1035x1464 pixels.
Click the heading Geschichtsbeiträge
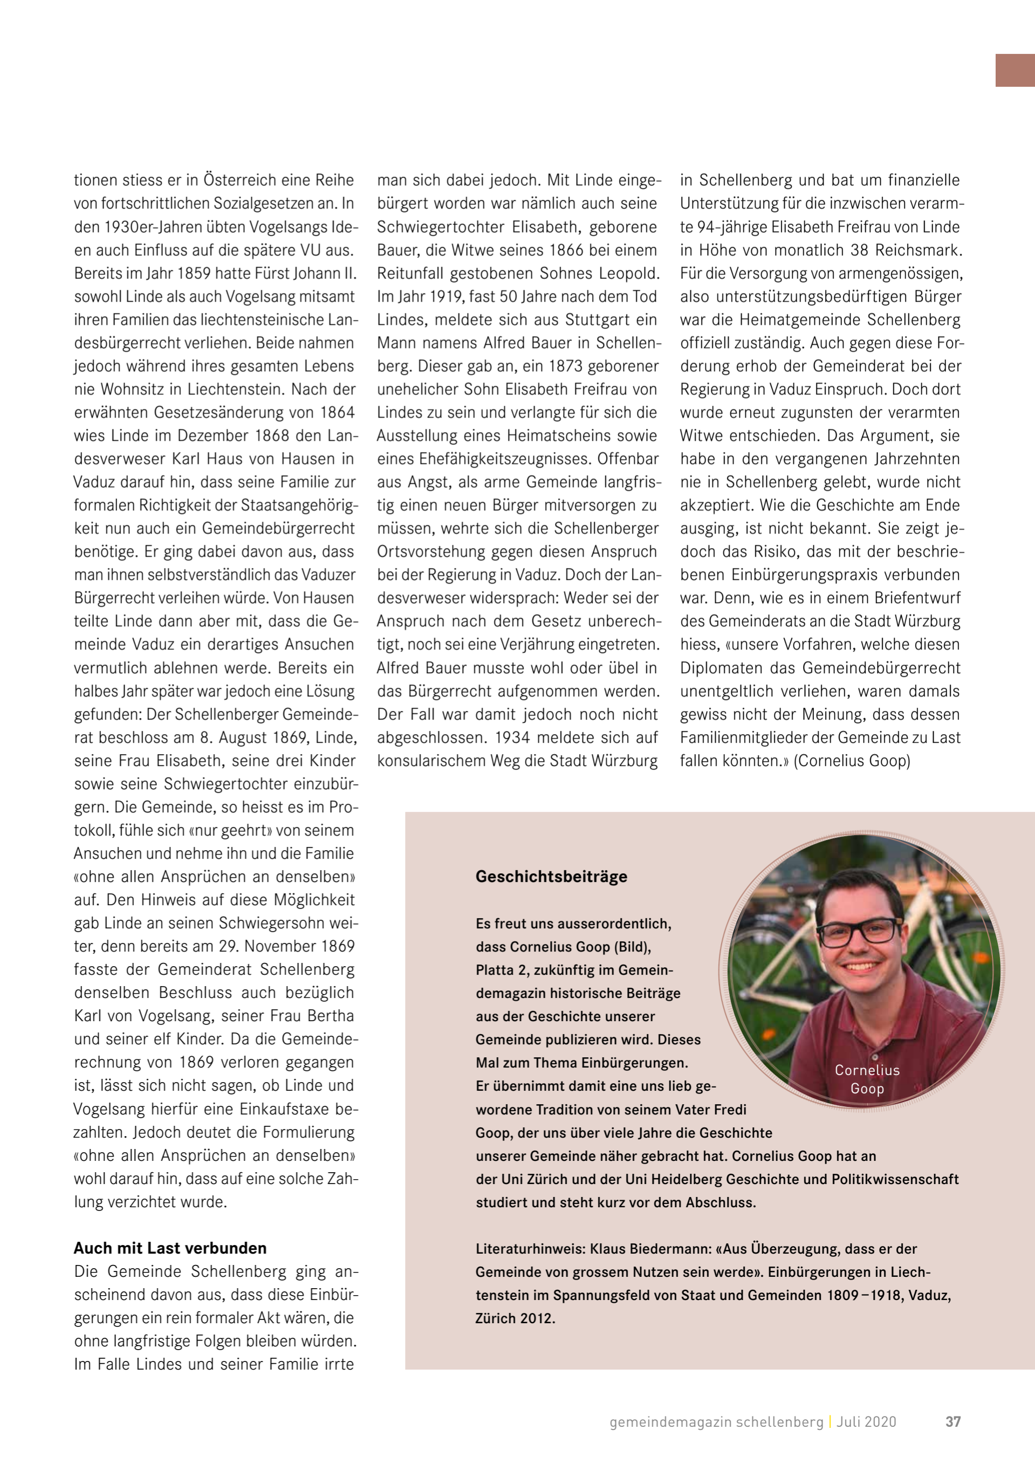tap(551, 877)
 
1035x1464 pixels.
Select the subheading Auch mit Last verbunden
tap(170, 1248)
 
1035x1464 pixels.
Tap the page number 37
tap(952, 1421)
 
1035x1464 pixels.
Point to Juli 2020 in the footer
tap(866, 1422)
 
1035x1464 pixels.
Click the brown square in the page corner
tap(1015, 70)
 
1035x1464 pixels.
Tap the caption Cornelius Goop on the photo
tap(867, 1079)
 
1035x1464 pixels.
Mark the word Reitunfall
tap(410, 273)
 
